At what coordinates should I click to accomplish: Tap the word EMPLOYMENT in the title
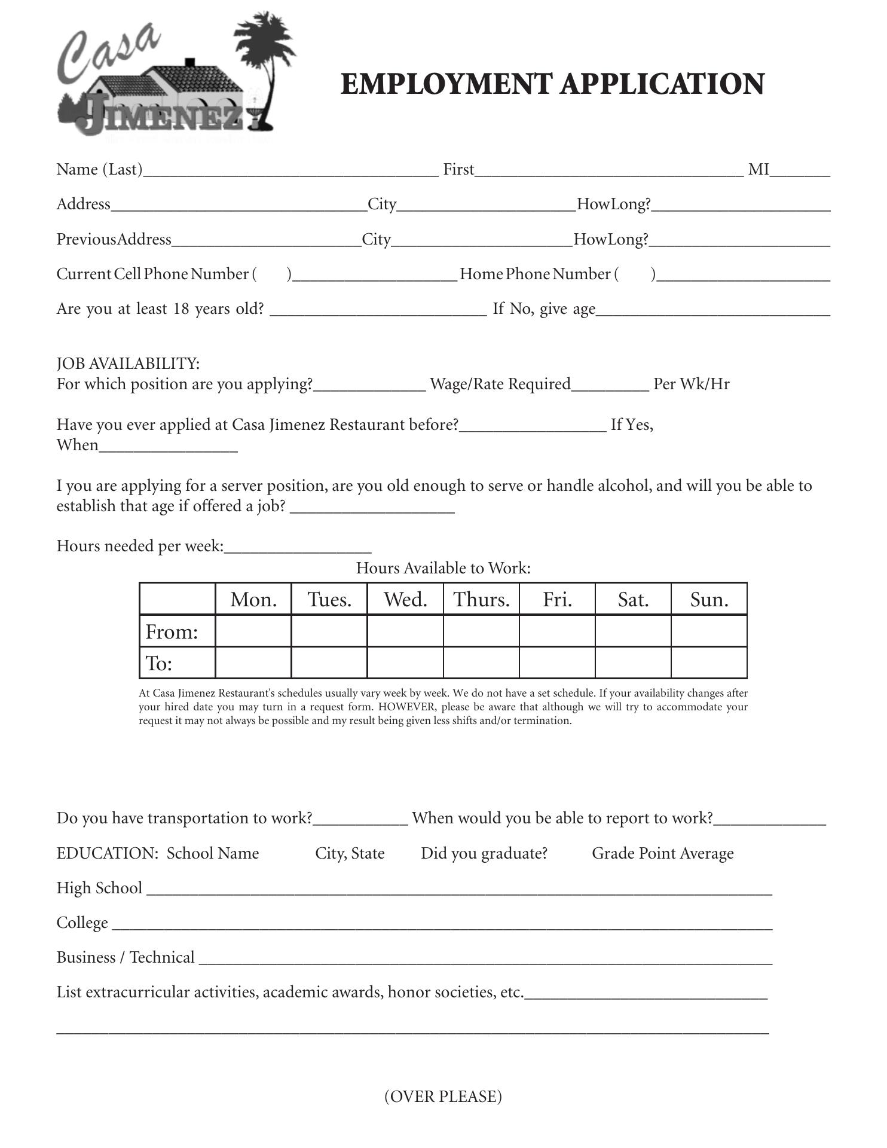[446, 84]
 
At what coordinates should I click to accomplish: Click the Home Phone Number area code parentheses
[635, 274]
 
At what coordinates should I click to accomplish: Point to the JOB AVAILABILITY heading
[128, 364]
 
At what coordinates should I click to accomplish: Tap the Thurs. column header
[481, 599]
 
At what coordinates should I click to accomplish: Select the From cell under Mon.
[253, 631]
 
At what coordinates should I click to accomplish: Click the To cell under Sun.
[709, 663]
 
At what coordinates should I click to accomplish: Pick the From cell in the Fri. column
[557, 631]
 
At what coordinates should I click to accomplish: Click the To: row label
[159, 664]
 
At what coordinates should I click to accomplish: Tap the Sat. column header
[633, 599]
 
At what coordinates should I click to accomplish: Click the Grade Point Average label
[662, 853]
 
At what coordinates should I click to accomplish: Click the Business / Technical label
[126, 957]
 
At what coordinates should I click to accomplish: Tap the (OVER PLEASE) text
[443, 1096]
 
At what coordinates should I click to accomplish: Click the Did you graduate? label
[484, 853]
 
